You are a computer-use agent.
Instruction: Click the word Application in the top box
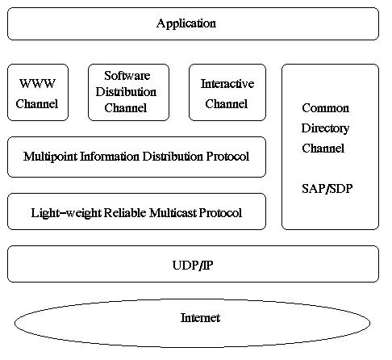click(x=186, y=23)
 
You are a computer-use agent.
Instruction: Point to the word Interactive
click(x=227, y=84)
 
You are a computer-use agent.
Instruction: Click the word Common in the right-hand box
click(x=323, y=107)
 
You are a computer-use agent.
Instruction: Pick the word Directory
click(x=323, y=128)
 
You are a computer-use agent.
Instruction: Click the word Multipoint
click(x=51, y=157)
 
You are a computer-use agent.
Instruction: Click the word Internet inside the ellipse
click(x=200, y=318)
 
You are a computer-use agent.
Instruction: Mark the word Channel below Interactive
click(x=227, y=104)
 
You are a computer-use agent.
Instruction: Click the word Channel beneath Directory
click(x=323, y=148)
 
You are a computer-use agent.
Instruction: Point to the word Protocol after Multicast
click(x=219, y=213)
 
